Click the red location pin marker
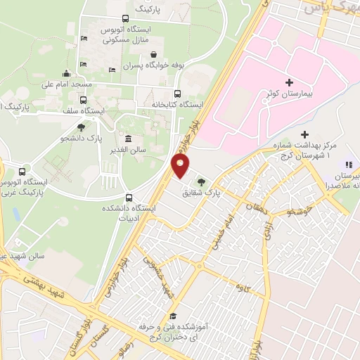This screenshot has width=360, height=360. [181, 166]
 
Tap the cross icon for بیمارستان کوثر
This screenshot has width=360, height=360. [289, 83]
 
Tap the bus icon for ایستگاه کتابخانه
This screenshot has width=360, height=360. [176, 94]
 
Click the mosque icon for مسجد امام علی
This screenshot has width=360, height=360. [66, 74]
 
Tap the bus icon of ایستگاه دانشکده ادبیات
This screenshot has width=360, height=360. [128, 198]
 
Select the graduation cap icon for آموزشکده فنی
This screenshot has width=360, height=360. [173, 316]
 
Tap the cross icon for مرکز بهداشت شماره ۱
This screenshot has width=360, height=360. [304, 134]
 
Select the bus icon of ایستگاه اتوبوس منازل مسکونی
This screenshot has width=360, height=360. [124, 20]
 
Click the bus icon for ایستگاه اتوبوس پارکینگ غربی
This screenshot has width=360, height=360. [22, 172]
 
